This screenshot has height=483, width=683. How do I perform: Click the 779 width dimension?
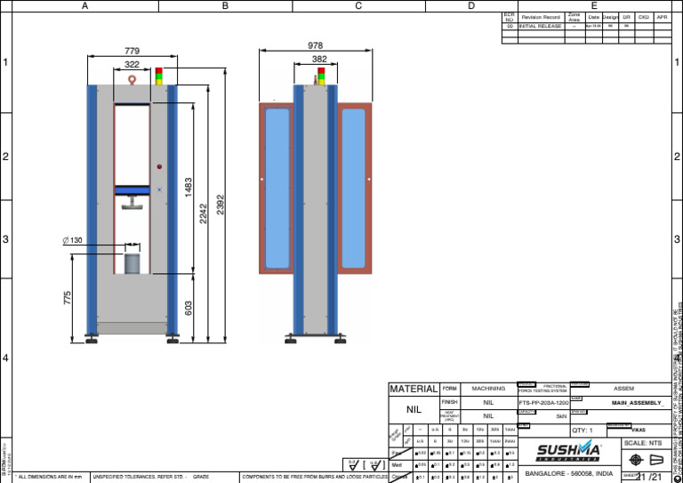point(132,51)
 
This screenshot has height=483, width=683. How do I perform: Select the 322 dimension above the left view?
point(132,65)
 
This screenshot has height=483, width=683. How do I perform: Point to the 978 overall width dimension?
point(315,45)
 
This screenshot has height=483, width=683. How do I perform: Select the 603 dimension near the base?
point(189,307)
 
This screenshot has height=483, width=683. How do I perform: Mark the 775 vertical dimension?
point(68,299)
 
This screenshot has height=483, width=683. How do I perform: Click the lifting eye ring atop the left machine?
point(132,79)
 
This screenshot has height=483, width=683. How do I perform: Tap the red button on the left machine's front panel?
point(159,166)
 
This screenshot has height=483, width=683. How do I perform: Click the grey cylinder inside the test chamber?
point(133,264)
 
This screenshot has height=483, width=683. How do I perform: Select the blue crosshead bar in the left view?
point(133,189)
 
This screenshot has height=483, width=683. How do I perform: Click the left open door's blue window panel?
point(277,188)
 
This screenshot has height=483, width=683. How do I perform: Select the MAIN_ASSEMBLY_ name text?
point(637,403)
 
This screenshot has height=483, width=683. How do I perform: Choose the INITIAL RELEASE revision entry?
point(539,27)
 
